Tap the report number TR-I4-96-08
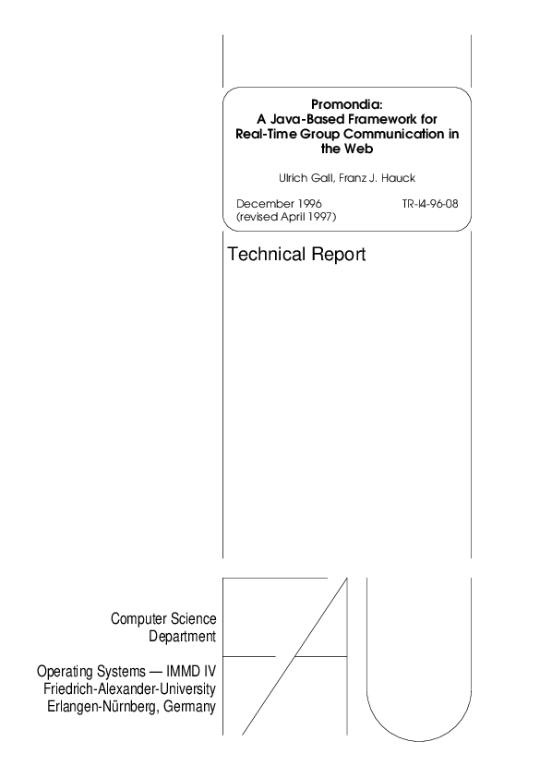[430, 201]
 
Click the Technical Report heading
[296, 255]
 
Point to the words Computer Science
[163, 618]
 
